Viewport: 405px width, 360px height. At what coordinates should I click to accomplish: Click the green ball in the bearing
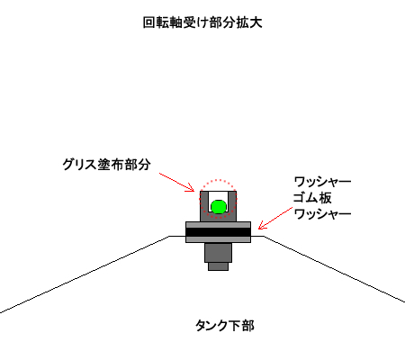[x=219, y=207]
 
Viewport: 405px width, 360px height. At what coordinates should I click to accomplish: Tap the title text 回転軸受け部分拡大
[x=202, y=22]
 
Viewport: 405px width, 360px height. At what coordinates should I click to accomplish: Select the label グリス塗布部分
[x=106, y=165]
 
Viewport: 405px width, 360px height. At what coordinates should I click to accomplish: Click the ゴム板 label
[x=312, y=198]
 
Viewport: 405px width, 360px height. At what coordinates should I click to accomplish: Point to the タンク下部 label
[x=225, y=326]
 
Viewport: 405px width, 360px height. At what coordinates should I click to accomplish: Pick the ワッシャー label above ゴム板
[x=322, y=182]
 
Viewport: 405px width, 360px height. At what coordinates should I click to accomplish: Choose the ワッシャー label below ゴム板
[x=322, y=214]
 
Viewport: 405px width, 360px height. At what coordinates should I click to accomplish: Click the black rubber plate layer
[x=218, y=232]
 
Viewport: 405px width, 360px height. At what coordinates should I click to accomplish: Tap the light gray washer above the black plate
[x=218, y=225]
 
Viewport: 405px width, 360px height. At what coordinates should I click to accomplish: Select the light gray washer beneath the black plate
[x=218, y=239]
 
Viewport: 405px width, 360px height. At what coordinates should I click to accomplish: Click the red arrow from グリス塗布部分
[x=176, y=182]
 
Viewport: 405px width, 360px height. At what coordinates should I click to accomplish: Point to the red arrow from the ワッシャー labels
[x=275, y=218]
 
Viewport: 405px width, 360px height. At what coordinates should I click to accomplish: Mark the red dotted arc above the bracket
[x=219, y=180]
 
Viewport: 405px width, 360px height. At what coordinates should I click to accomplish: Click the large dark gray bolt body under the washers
[x=218, y=252]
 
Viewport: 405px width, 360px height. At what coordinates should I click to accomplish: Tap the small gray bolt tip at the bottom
[x=218, y=266]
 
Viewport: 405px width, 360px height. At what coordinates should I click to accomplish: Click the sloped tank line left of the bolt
[x=85, y=274]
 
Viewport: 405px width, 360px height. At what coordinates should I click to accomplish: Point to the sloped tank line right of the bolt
[x=334, y=269]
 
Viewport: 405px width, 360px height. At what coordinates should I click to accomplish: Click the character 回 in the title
[x=149, y=22]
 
